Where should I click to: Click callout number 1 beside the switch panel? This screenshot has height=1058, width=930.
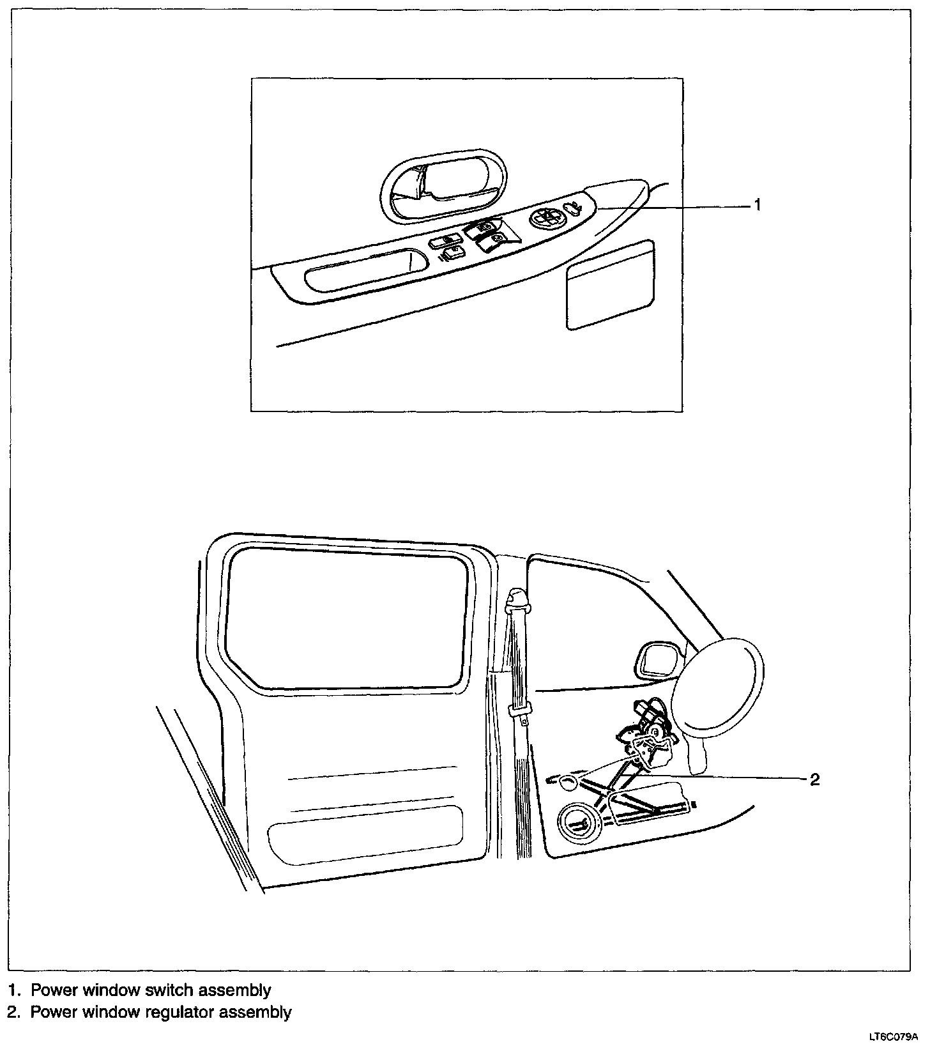pyautogui.click(x=757, y=205)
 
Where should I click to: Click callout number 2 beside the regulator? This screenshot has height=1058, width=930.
pyautogui.click(x=814, y=779)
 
